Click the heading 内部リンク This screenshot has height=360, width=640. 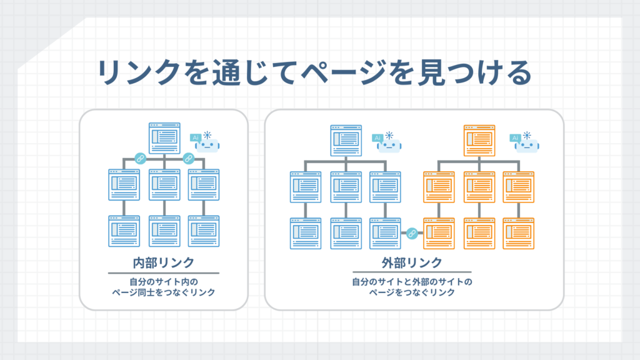pyautogui.click(x=164, y=262)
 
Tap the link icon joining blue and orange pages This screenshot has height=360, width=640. pyautogui.click(x=411, y=234)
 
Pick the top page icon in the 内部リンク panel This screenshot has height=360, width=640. pyautogui.click(x=164, y=138)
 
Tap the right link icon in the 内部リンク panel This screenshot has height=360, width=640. pyautogui.click(x=187, y=159)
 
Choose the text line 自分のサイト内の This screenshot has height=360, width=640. pyautogui.click(x=163, y=281)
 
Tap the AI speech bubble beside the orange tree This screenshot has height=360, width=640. pyautogui.click(x=516, y=137)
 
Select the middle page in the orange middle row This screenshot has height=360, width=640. pyautogui.click(x=479, y=186)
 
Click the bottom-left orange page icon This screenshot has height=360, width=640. pyautogui.click(x=439, y=232)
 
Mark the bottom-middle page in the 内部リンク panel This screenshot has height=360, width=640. pyautogui.click(x=164, y=231)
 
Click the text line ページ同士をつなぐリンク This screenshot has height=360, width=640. pyautogui.click(x=163, y=292)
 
